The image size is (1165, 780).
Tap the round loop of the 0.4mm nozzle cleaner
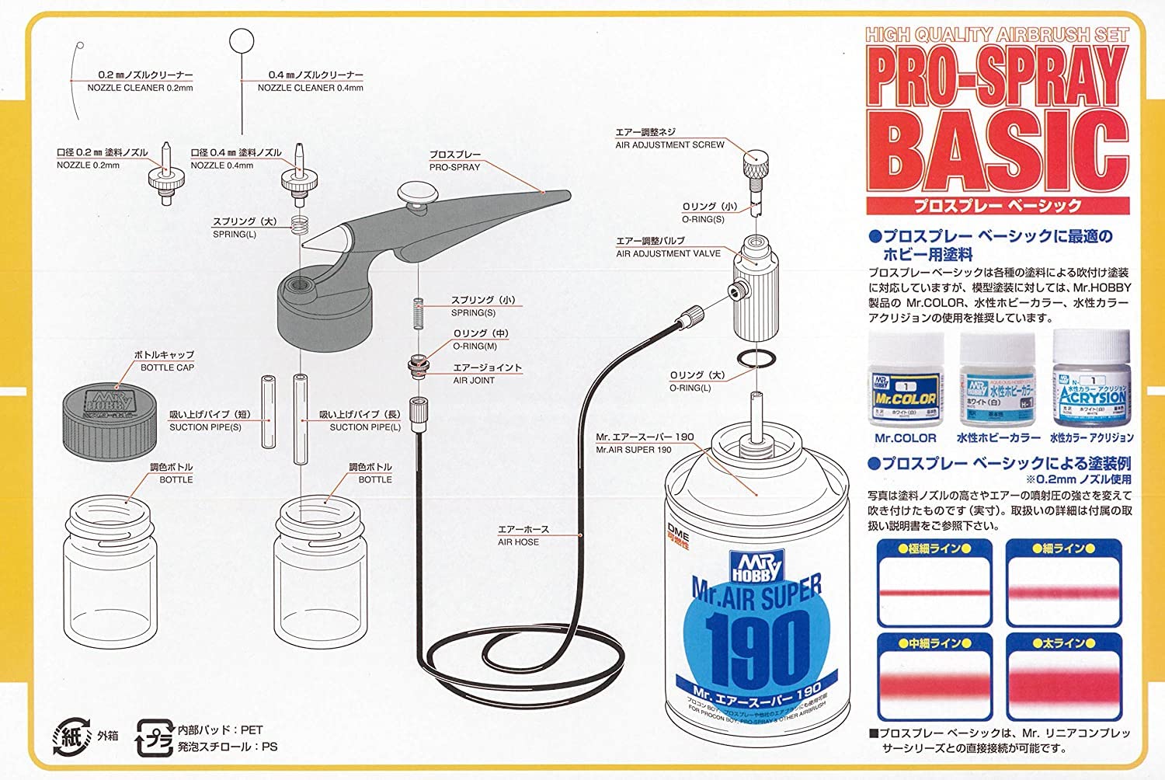242,40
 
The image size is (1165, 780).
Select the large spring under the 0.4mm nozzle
300,225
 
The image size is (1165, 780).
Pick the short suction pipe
268,412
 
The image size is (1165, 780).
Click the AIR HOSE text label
518,542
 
